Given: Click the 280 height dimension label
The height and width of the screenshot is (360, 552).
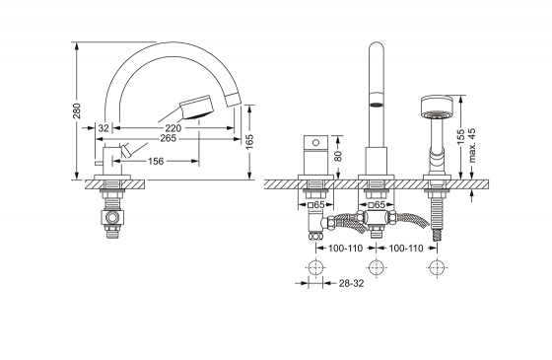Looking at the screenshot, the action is (x=77, y=110).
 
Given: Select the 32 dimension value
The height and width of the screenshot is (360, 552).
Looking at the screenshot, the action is (x=103, y=128).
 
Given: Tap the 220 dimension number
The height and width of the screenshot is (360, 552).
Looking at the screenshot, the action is (x=173, y=128).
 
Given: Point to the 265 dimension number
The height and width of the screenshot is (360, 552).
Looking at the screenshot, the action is (x=168, y=138).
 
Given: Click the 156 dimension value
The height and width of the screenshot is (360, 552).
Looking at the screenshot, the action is (x=156, y=162).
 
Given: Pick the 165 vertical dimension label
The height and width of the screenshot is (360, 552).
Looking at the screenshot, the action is (x=249, y=142).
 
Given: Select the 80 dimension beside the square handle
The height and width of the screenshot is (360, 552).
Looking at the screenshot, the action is (x=337, y=156).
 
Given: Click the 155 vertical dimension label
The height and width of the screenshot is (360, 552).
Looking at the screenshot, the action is (x=461, y=137).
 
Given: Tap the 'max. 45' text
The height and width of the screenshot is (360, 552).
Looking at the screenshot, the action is (x=472, y=146).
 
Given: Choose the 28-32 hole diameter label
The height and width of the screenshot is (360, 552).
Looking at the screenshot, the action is (x=351, y=283).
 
